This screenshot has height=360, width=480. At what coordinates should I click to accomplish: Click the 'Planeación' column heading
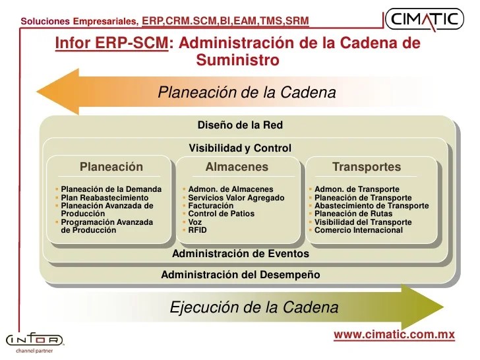click(x=111, y=167)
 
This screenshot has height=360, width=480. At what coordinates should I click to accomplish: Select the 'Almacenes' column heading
click(x=237, y=167)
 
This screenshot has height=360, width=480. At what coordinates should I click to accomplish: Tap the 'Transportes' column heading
click(x=367, y=167)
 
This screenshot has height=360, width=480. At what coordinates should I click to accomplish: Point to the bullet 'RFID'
click(x=197, y=230)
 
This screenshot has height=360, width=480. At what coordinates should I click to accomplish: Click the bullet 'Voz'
click(x=196, y=222)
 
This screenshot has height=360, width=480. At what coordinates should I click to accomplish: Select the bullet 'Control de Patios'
click(x=221, y=214)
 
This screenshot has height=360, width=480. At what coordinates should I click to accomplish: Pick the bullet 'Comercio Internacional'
click(x=358, y=230)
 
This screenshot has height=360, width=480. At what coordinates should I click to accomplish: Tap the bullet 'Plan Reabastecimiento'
click(x=104, y=198)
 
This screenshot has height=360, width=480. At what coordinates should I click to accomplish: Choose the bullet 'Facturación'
click(x=210, y=206)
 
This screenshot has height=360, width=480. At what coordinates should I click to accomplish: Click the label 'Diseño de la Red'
click(x=240, y=125)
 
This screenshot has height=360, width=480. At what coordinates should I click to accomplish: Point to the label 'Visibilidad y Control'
click(x=240, y=148)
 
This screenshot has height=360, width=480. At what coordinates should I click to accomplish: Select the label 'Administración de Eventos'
click(x=240, y=253)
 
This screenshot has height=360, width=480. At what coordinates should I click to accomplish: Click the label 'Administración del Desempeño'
click(x=240, y=274)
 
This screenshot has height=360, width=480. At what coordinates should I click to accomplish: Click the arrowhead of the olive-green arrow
click(x=422, y=307)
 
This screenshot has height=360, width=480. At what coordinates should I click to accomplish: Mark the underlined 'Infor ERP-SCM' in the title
click(x=111, y=44)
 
